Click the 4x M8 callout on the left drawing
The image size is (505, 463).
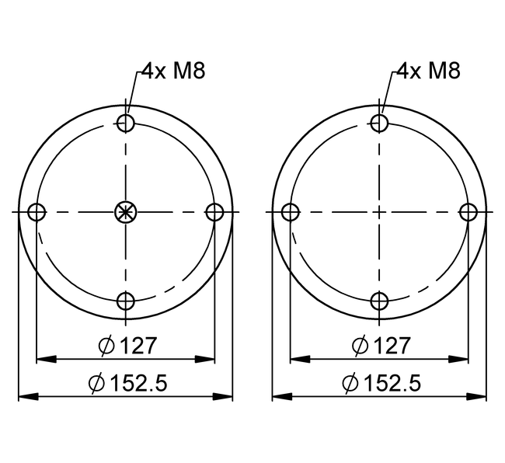click(173, 71)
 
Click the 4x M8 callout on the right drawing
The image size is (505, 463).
click(428, 71)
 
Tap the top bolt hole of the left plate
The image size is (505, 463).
click(126, 123)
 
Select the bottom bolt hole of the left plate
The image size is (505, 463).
click(126, 301)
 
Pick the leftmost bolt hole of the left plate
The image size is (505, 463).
click(37, 212)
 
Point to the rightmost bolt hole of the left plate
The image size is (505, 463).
click(214, 212)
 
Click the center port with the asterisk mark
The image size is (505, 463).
click(126, 212)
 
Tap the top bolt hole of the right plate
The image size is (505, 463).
click(379, 123)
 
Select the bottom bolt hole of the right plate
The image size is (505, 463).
click(379, 301)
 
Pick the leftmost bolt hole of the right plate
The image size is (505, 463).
click(291, 212)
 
